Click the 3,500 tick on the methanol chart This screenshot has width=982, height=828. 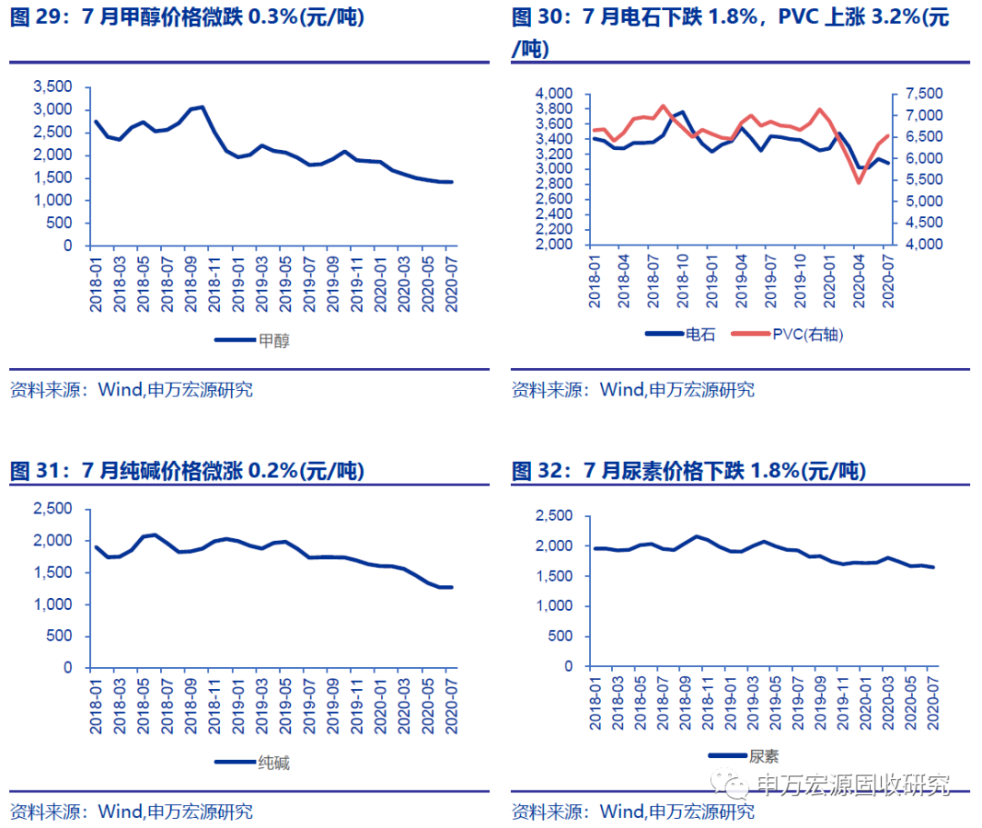click(x=53, y=86)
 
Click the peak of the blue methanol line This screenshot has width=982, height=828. click(x=202, y=107)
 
